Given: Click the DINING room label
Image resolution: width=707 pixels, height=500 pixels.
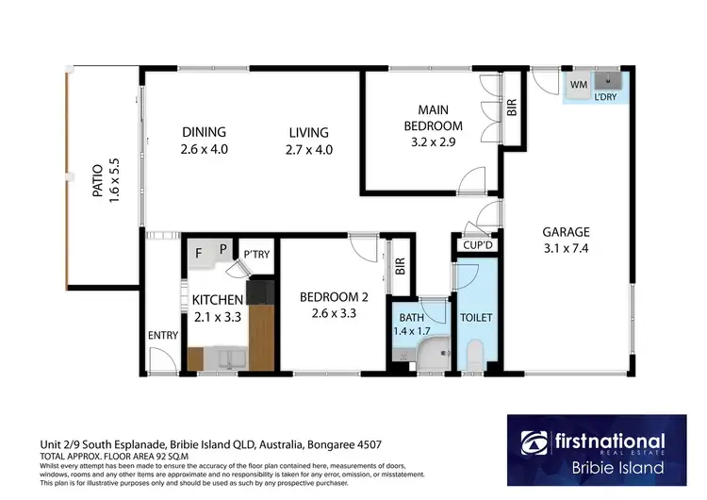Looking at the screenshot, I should [205, 132].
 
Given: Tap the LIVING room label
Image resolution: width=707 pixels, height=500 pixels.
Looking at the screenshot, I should [309, 132].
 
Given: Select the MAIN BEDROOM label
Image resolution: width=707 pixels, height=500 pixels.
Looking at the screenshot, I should [433, 118].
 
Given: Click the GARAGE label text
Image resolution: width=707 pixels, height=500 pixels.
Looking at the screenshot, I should [566, 232].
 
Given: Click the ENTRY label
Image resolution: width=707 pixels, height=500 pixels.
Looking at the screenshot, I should [162, 336].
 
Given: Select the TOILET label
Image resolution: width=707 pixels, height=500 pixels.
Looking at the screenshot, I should [477, 319].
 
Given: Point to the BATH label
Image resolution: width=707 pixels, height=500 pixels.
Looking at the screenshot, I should [412, 319].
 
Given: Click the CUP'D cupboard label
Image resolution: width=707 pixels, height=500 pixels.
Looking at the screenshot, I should [473, 245].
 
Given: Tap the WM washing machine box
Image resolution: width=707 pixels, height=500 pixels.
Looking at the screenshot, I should [578, 85].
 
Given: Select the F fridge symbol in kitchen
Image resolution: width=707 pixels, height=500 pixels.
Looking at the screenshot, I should [199, 253].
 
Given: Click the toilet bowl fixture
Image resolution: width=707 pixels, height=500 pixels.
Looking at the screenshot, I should [475, 356].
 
